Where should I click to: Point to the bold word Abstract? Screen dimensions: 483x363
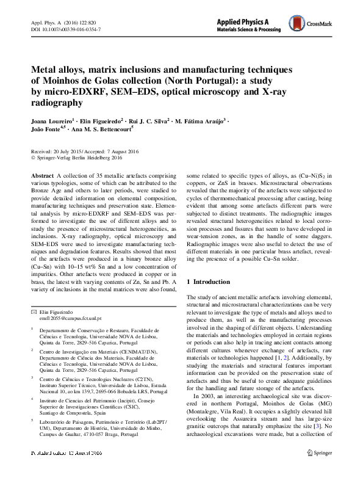click(x=42, y=175)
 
